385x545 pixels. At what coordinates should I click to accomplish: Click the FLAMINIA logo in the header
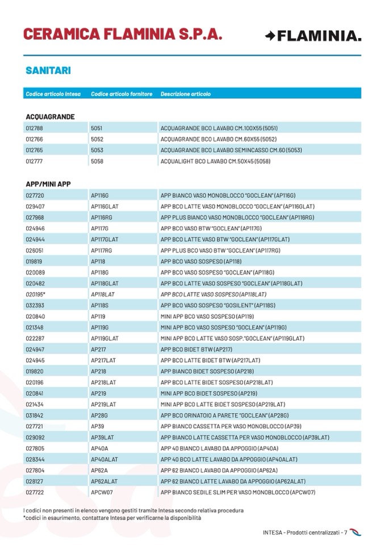[312, 36]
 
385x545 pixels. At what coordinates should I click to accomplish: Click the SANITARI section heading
[48, 71]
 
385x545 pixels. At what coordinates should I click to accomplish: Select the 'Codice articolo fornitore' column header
[122, 94]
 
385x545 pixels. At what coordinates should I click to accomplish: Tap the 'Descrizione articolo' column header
[185, 94]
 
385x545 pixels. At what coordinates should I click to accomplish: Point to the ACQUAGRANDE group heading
[50, 117]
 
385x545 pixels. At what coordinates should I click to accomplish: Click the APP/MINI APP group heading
[48, 184]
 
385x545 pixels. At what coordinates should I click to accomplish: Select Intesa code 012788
[34, 128]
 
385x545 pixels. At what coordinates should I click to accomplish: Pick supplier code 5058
[97, 161]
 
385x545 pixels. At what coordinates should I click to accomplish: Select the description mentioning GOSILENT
[219, 305]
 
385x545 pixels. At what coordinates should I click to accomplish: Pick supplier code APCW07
[102, 492]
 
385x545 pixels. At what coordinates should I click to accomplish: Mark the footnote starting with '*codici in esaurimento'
[112, 518]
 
